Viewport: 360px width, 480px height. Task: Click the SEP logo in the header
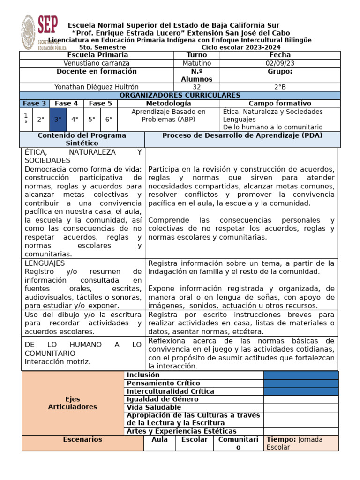pyautogui.click(x=44, y=32)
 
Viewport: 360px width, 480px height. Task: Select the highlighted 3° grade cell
pyautogui.click(x=58, y=119)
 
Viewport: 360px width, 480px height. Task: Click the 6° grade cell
pyautogui.click(x=109, y=119)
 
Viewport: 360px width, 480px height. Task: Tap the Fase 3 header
pyautogui.click(x=34, y=103)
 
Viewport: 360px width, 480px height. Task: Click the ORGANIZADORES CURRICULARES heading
pyautogui.click(x=180, y=95)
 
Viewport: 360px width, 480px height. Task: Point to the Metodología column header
pyautogui.click(x=168, y=103)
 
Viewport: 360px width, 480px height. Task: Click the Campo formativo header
pyautogui.click(x=279, y=103)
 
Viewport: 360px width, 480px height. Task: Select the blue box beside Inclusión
pyautogui.click(x=300, y=375)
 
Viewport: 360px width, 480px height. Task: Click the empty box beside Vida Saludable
pyautogui.click(x=300, y=407)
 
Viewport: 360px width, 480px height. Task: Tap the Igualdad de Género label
pyautogui.click(x=162, y=399)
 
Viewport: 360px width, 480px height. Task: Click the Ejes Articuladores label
pyautogui.click(x=73, y=403)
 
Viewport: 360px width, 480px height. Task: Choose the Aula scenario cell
pyautogui.click(x=159, y=440)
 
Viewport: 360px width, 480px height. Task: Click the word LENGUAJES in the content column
pyautogui.click(x=45, y=263)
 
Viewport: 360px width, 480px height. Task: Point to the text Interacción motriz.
pyautogui.click(x=58, y=361)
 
